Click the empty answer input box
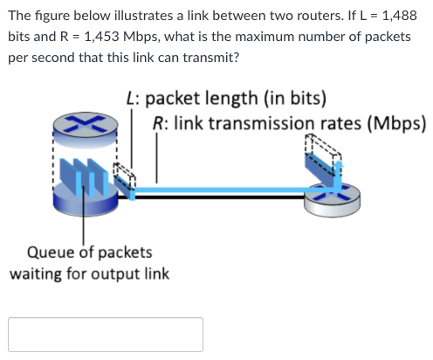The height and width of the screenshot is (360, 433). (106, 335)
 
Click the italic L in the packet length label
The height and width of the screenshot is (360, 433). (130, 99)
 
